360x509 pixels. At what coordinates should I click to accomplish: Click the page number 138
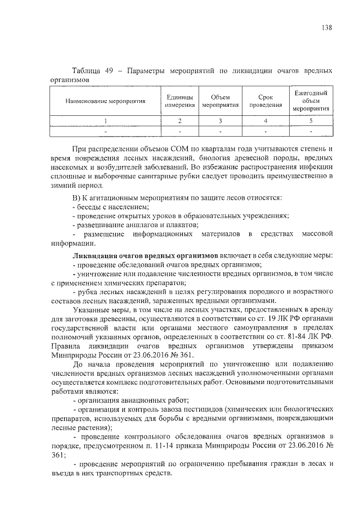pos(326,28)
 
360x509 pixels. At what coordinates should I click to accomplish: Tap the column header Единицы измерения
pos(180,101)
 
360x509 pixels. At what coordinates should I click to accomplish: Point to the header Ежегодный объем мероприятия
pos(310,101)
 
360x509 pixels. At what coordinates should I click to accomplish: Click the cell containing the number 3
pos(220,121)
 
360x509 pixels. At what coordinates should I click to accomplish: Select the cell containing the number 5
pos(310,121)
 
